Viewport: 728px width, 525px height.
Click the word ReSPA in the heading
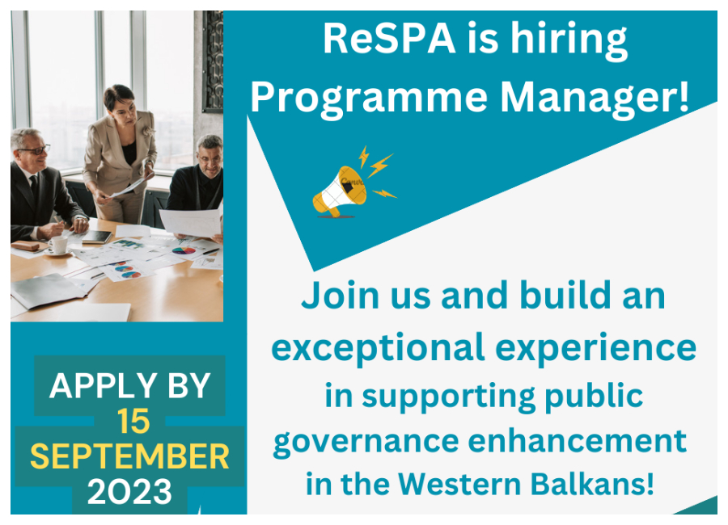[388, 39]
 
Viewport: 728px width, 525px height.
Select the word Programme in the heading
[369, 99]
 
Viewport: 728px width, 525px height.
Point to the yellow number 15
[133, 422]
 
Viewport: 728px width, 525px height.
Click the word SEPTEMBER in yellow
[129, 456]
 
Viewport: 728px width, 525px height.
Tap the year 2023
[129, 492]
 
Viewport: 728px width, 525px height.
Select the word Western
[459, 484]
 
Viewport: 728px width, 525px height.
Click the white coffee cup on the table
[58, 246]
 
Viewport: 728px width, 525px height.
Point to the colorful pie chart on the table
[184, 250]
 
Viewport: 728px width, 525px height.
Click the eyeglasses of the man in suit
[35, 150]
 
